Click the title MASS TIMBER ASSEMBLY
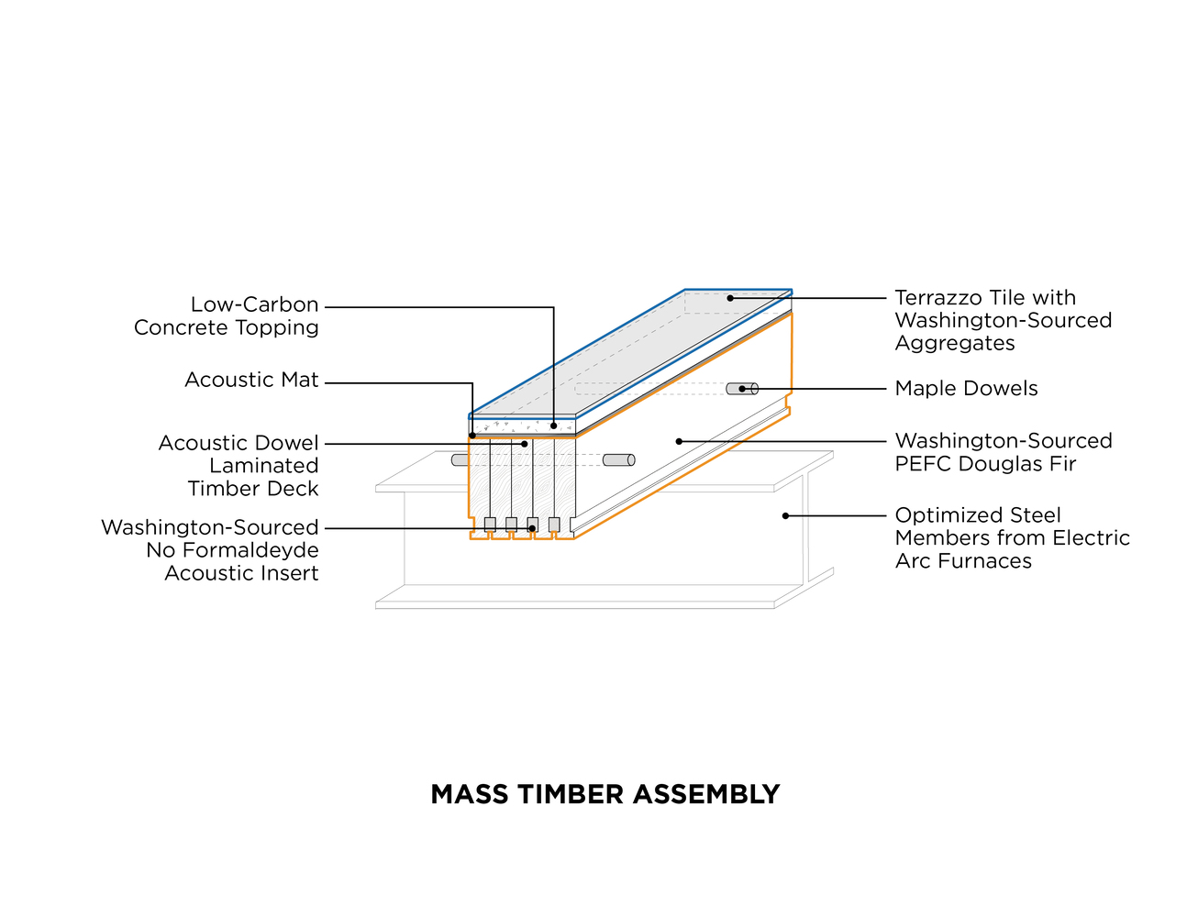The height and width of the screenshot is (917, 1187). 605,794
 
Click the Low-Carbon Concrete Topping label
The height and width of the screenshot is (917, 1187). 227,316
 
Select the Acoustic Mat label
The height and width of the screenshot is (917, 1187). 251,380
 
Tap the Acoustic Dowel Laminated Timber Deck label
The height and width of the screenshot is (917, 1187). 239,466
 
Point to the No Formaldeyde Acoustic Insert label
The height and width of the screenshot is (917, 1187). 210,550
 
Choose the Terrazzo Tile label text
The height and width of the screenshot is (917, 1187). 1004,320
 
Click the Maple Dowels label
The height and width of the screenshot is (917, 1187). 966,389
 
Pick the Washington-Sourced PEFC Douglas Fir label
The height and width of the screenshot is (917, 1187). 1004,452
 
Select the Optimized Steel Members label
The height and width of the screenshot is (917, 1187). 1012,538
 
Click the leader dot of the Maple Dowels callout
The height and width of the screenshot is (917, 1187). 742,389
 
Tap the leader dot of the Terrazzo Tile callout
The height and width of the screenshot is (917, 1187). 730,298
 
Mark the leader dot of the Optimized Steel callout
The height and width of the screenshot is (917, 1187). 785,515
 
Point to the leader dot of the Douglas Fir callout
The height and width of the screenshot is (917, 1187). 679,442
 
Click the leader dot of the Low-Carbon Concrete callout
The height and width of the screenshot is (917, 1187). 553,425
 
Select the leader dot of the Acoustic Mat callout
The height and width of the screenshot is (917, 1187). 472,436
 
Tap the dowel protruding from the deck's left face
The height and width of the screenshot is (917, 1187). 460,460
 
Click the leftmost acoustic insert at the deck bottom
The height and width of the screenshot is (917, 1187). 490,525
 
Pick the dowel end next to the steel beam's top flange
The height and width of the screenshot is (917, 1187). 619,460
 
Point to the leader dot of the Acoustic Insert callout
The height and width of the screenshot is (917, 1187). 532,528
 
